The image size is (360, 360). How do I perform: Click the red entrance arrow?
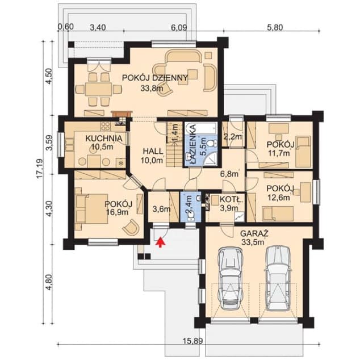[161, 242]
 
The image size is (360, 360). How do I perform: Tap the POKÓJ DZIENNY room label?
[155, 78]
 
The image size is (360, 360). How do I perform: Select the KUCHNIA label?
[104, 138]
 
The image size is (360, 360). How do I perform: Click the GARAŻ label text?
[254, 233]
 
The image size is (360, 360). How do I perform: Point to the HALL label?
[153, 151]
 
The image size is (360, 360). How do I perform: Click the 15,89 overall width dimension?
[193, 341]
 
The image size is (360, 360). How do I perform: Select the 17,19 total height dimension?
[40, 169]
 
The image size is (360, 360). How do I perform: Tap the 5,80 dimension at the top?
[275, 28]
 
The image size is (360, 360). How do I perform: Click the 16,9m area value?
[117, 212]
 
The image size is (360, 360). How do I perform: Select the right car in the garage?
[278, 278]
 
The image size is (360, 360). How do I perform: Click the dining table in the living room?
[99, 89]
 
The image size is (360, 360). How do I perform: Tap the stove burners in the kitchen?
[106, 126]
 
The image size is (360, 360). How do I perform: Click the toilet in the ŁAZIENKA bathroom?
[211, 144]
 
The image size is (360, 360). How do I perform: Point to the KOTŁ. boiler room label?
[231, 199]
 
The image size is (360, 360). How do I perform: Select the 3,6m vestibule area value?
[162, 209]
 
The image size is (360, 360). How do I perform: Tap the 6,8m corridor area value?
[229, 174]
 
